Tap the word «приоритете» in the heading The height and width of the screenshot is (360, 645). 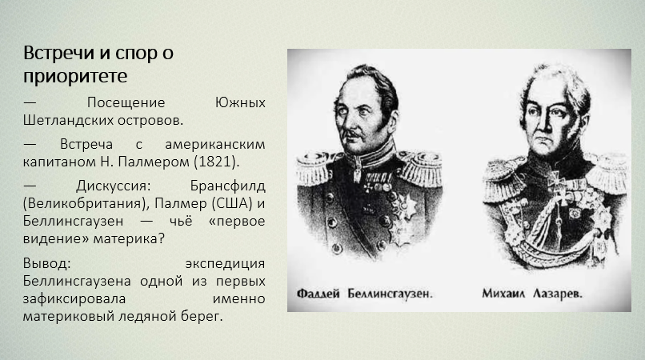pos(75,76)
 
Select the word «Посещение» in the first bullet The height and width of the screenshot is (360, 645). pos(126,102)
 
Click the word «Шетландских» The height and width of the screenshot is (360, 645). pos(68,120)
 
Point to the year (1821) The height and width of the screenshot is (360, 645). pos(216,162)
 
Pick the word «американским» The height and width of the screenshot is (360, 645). pos(215,145)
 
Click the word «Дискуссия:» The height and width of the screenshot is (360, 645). pos(114,186)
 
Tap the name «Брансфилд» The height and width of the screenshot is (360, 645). pos(227,186)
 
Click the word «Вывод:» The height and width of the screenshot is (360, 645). pos(47,263)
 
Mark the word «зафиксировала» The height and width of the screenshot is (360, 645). pos(74,298)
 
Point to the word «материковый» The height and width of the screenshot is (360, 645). pos(68,316)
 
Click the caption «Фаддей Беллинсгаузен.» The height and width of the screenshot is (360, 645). pos(364,294)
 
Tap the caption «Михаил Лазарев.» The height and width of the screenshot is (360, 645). pos(532,294)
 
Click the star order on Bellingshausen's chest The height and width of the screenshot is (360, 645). pos(405,206)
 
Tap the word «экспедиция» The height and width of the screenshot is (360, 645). pos(225,264)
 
